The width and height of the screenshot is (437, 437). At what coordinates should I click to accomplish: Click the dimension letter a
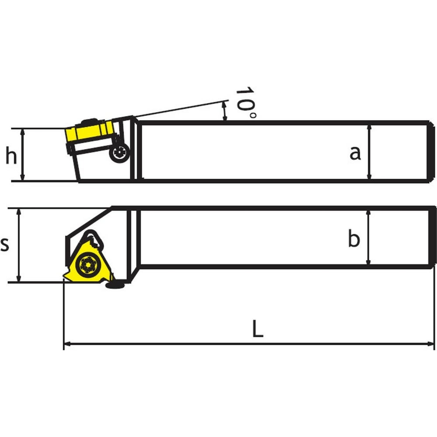355,153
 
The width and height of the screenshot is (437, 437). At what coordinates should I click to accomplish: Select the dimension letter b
354,238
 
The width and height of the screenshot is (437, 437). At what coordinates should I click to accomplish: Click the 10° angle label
245,102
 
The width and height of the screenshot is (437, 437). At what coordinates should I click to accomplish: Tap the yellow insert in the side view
89,131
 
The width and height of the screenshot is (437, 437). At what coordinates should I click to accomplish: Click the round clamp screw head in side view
119,153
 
